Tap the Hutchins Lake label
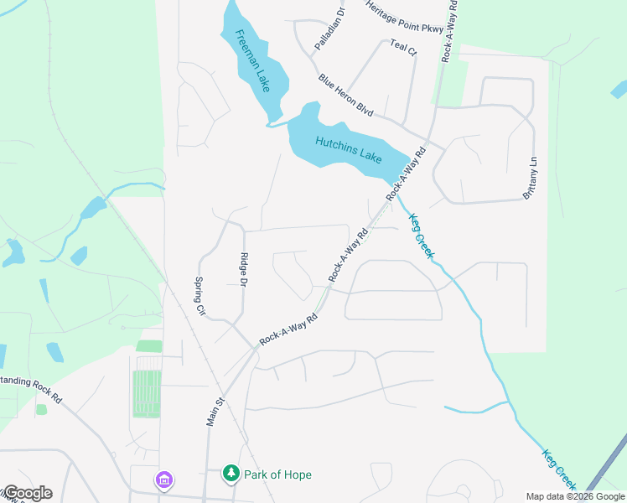coord(349,148)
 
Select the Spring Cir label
coord(200,295)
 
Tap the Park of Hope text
coord(277,474)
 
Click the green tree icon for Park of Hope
coord(231,474)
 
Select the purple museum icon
coord(163,480)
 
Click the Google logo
coord(27,493)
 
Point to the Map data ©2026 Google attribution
coord(576,496)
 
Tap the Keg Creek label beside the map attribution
coord(559,470)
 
